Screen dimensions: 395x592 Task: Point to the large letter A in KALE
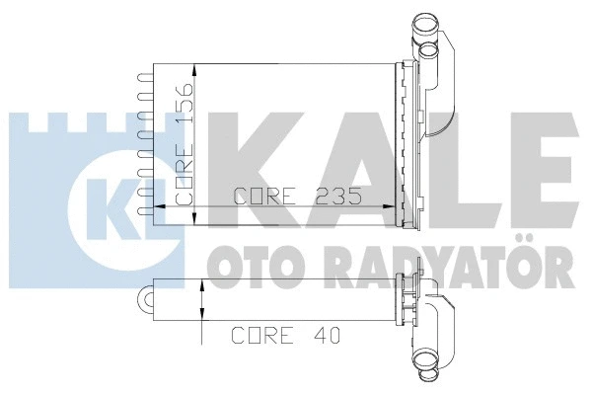click(x=355, y=158)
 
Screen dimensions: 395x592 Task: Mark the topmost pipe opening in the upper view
click(x=423, y=21)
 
